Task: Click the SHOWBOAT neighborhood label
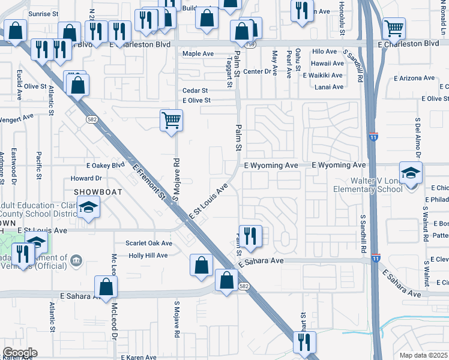[93, 191]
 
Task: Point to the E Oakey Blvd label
[105, 165]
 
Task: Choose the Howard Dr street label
[86, 178]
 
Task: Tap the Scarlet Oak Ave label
[148, 243]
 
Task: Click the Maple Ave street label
[198, 54]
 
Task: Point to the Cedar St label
[195, 91]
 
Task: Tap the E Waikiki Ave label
[322, 76]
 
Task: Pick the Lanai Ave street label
[329, 87]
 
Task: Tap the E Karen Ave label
[139, 357]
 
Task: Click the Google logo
[20, 353]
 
